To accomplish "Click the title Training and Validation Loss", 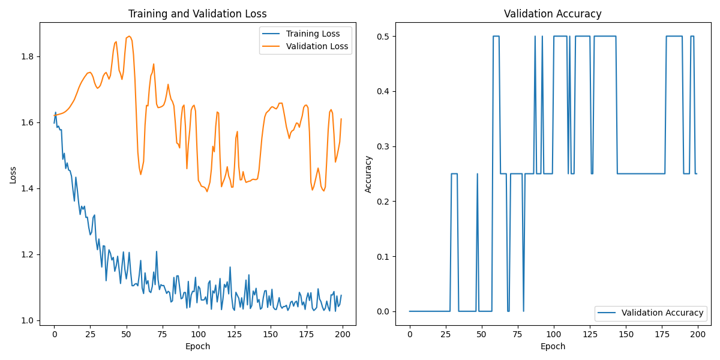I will (x=198, y=14).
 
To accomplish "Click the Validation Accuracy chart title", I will (x=553, y=14).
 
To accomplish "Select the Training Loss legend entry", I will (x=313, y=34).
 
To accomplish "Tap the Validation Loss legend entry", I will (x=317, y=46).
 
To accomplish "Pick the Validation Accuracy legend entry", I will (x=662, y=313).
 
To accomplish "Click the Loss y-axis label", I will (x=13, y=175).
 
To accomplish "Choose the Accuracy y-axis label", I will (x=368, y=174).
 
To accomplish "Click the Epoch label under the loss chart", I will (x=197, y=346).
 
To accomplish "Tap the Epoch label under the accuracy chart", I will (x=553, y=346).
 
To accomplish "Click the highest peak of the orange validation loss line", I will (x=128, y=36).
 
